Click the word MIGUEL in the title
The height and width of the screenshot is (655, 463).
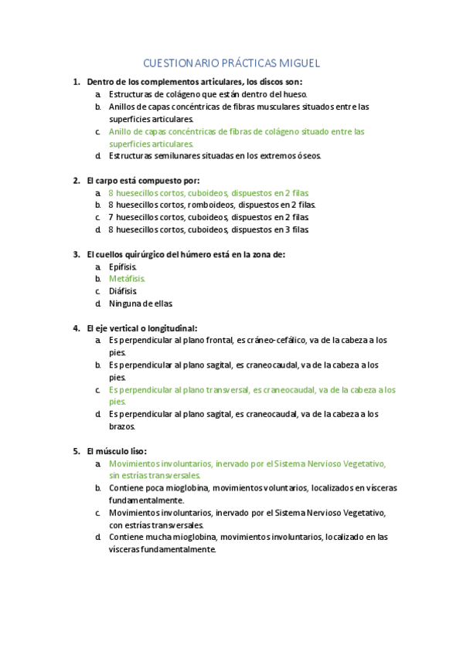298,63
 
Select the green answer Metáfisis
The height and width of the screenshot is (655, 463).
127,278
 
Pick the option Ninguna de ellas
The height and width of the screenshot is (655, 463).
141,304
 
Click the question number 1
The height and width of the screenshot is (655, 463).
75,82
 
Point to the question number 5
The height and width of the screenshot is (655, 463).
76,451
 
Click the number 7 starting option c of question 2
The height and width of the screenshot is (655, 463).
111,217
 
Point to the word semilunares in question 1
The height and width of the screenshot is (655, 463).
182,156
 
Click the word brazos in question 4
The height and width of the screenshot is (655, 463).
122,426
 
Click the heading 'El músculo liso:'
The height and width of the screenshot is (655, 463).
117,451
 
